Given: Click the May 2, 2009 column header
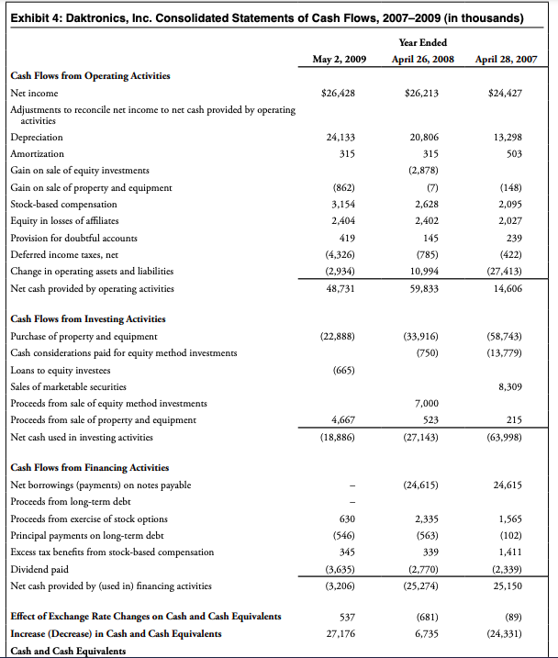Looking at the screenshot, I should click(340, 60).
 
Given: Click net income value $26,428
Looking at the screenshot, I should click(340, 93).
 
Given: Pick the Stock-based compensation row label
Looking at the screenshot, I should click(63, 203).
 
